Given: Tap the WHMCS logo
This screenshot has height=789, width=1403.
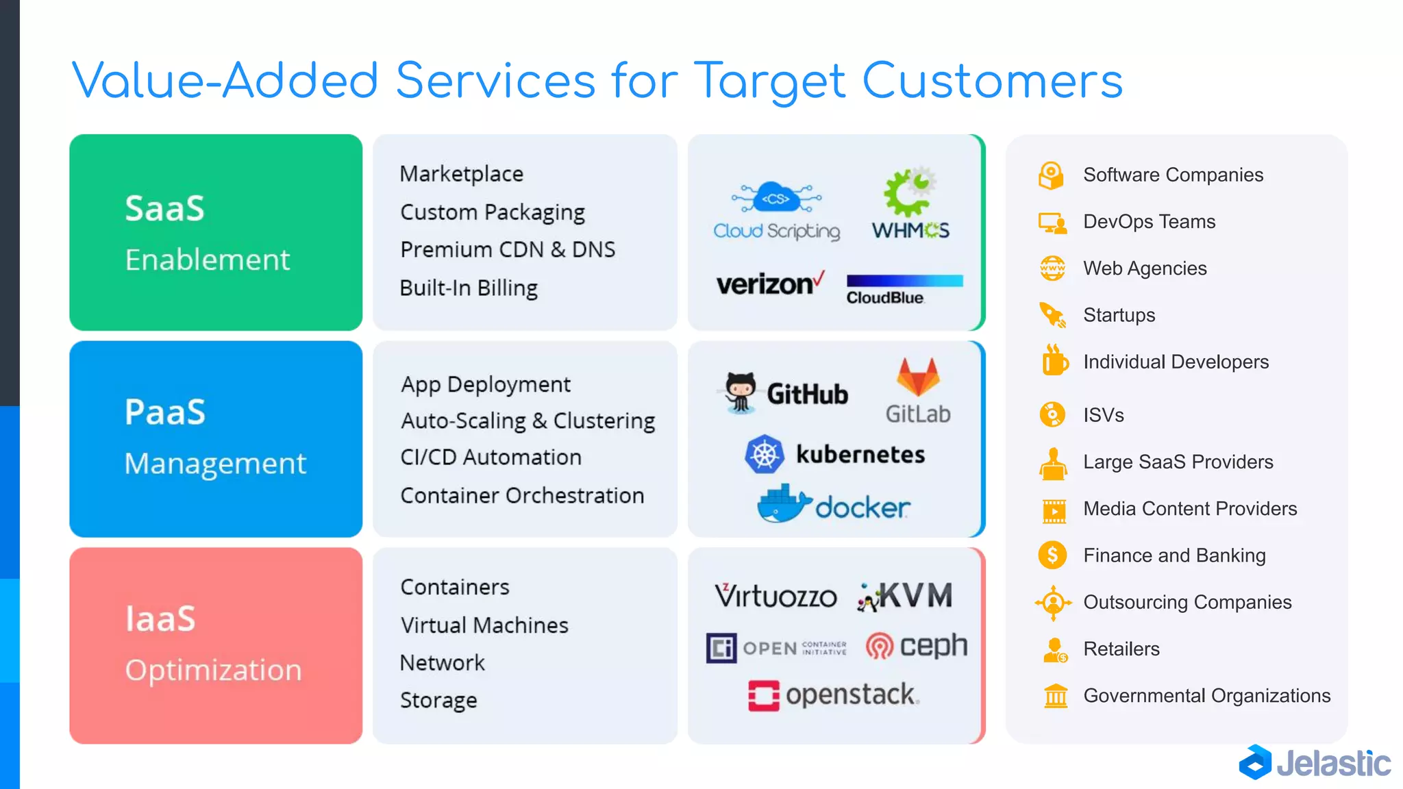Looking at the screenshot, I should click(x=910, y=203).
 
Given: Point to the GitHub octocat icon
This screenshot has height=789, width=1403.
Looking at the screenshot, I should click(x=741, y=392).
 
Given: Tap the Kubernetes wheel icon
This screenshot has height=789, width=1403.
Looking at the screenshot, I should click(x=765, y=454).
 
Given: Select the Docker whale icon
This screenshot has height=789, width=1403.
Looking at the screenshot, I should click(x=784, y=504).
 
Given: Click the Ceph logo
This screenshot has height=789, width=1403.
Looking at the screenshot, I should click(x=916, y=645).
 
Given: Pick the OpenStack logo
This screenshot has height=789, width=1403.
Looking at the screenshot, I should click(x=833, y=695).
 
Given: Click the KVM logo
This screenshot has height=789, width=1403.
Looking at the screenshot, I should click(x=904, y=596).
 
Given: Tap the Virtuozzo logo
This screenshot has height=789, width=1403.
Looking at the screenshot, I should click(x=775, y=596).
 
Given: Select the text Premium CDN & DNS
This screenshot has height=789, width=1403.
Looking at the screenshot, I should click(x=508, y=249).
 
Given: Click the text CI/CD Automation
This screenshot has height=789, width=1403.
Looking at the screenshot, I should click(x=491, y=457).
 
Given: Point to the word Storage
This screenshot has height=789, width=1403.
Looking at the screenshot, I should click(x=438, y=700).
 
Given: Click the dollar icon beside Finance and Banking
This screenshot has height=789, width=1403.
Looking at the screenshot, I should click(x=1052, y=555).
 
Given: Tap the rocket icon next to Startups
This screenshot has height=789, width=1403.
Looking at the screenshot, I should click(x=1052, y=315).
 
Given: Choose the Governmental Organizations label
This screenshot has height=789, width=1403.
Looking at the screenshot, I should click(x=1206, y=696).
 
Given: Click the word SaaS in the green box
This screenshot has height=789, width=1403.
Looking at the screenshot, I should click(x=164, y=208).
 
